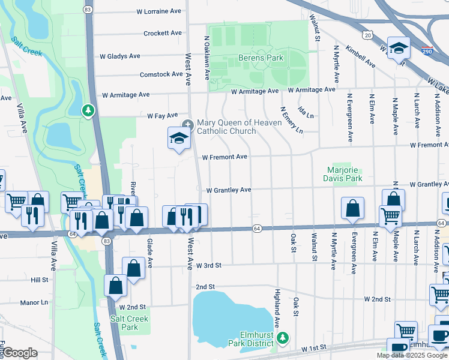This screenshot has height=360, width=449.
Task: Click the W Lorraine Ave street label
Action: pos(158,11)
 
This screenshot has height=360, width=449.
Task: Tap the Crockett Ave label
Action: pos(162,33)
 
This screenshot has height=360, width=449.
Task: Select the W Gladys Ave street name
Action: pos(119,56)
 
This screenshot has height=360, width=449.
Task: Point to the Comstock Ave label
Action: pos(161,74)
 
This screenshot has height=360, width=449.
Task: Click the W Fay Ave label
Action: pos(163,115)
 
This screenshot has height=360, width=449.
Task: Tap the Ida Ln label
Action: pos(306,112)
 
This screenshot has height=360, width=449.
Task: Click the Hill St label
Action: pos(39,280)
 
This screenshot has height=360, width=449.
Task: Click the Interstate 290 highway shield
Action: pos(427,52)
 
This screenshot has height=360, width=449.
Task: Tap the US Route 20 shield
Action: pos(367,36)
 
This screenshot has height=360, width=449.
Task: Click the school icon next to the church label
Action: pos(179,139)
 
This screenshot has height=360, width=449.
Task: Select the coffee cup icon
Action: pos(439,336)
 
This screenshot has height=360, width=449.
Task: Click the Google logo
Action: pos(19,353)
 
